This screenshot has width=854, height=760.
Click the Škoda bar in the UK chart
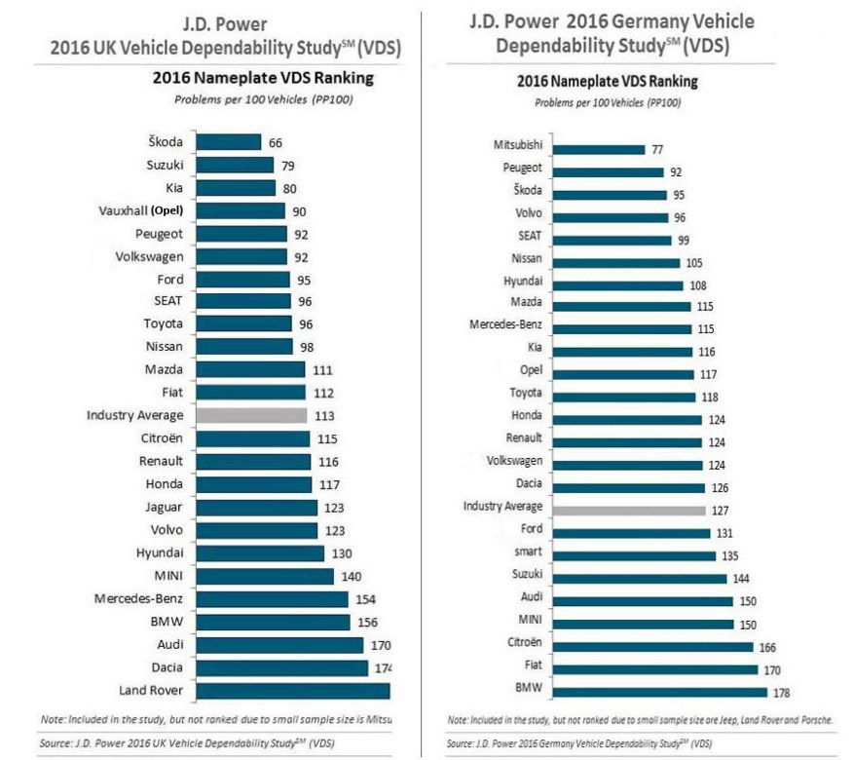tap(229, 142)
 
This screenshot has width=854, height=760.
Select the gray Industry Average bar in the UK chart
tap(251, 415)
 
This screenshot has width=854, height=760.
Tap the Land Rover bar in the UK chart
tap(292, 691)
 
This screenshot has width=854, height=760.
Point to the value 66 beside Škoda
tap(277, 142)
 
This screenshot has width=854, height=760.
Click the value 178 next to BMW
tap(779, 693)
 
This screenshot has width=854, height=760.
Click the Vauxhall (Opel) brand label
tap(141, 210)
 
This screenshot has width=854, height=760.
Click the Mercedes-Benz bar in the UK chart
tap(272, 598)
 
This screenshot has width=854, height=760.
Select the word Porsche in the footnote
tap(813, 719)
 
